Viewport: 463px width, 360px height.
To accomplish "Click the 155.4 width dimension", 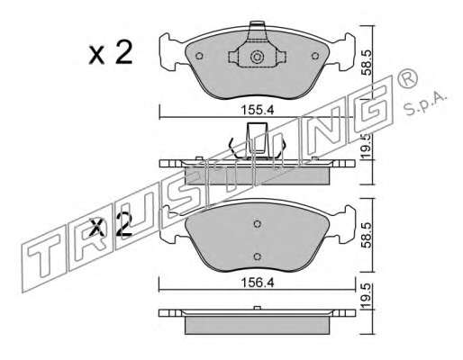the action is coord(258,110).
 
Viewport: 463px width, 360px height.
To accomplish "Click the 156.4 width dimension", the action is coord(258,283).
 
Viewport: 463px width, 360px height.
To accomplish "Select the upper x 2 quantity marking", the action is coord(111,53).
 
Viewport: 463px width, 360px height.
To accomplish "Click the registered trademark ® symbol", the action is coord(407,78).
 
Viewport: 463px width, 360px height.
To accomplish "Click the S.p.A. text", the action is coord(425,103).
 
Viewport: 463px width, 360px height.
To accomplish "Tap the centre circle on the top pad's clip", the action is coord(257,57).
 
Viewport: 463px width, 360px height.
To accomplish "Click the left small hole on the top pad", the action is coord(199,56).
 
